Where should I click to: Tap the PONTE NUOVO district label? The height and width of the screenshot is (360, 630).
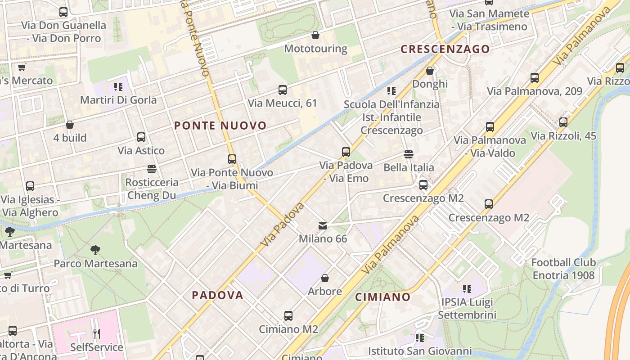click(220, 126)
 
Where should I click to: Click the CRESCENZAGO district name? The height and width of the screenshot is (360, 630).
click(445, 49)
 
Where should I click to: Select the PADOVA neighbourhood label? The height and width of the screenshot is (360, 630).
click(217, 295)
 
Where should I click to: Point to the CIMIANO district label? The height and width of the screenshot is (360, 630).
click(382, 297)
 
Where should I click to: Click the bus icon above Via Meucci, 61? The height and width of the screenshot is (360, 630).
click(283, 90)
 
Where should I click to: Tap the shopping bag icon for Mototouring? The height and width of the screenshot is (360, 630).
click(315, 35)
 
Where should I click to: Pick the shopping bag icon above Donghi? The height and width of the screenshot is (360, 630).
click(430, 71)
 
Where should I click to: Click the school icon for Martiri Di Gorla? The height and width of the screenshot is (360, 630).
click(118, 86)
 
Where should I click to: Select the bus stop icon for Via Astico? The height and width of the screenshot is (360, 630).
click(141, 137)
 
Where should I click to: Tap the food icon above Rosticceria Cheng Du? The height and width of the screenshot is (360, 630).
click(152, 169)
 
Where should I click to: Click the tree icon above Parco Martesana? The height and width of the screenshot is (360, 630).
click(95, 250)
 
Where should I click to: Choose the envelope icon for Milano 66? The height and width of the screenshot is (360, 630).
click(323, 225)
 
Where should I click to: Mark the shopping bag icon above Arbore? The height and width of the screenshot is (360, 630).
click(325, 278)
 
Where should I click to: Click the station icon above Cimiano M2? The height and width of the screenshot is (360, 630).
click(288, 316)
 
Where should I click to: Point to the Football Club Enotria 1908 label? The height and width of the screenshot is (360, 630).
click(563, 269)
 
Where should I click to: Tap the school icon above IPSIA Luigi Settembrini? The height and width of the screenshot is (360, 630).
click(467, 288)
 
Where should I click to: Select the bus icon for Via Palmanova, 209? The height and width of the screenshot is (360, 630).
click(535, 78)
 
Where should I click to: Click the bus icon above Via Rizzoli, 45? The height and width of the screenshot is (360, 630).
click(563, 122)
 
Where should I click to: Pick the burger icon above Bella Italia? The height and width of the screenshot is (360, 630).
click(409, 154)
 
